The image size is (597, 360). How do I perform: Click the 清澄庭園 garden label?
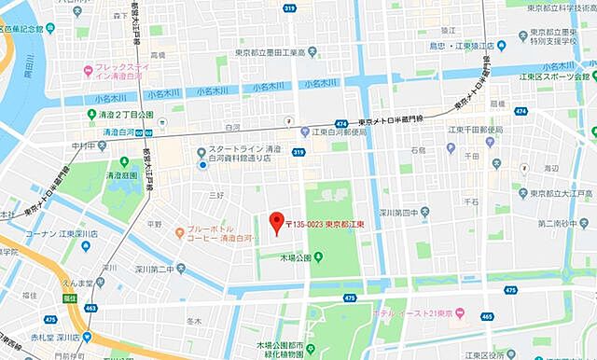(122, 174)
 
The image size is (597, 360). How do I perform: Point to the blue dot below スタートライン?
(202, 165)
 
